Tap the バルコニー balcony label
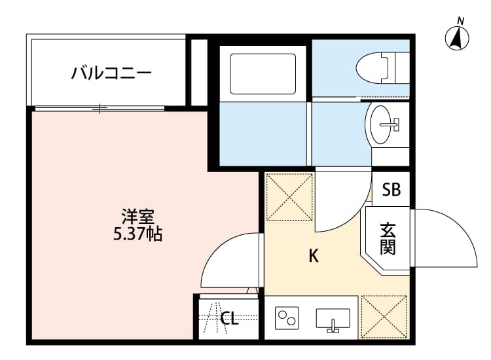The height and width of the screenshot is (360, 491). coord(111,71)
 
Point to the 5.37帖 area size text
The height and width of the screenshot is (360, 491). coord(137,234)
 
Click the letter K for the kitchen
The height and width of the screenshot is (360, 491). coord(314,257)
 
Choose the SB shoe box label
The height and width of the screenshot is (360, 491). coord(391,190)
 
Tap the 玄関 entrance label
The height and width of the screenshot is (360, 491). coord(388,239)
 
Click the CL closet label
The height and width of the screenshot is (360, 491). coord(228,319)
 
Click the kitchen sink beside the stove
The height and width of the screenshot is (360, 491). coord(333,319)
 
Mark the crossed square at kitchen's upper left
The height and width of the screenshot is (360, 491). coord(289,196)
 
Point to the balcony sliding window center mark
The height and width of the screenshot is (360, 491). coord(100,109)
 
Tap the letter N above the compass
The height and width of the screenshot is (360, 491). coord(461,20)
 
